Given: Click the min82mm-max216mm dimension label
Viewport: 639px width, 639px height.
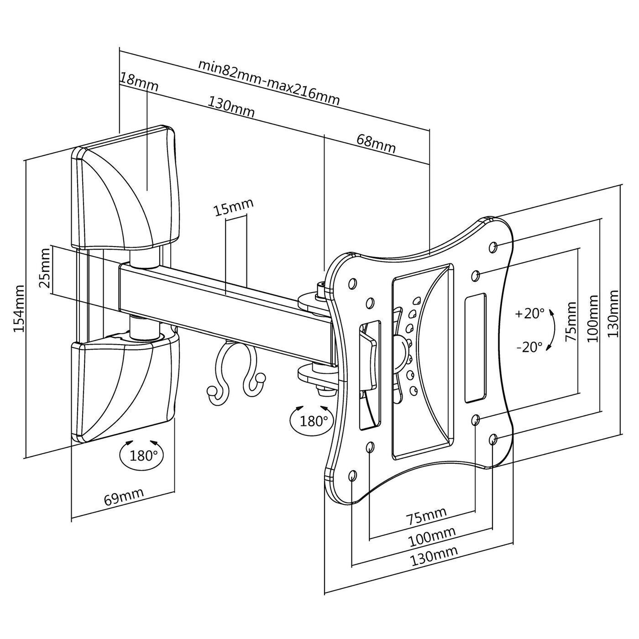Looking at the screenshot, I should (269, 82).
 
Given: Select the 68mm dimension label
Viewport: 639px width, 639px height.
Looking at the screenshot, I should (376, 144).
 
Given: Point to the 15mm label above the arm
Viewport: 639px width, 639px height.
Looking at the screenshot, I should (234, 209).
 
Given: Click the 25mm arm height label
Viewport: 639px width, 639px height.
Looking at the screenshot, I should (45, 274).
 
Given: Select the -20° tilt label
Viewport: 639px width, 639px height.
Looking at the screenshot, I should (529, 347).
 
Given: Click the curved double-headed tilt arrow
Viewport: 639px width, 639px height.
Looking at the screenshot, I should (553, 330).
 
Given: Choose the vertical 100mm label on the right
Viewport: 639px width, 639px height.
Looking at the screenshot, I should (592, 319).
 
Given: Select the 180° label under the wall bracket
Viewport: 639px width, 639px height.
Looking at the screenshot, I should (143, 455).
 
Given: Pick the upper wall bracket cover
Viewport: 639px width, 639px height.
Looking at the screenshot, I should (126, 187).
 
